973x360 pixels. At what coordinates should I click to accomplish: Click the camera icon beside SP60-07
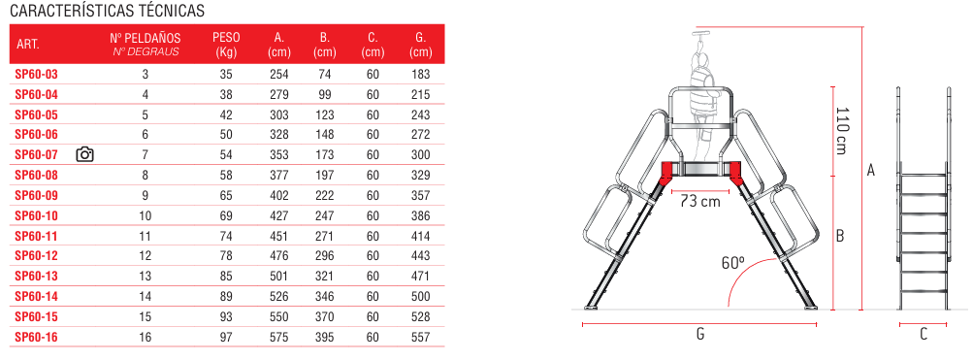point(84,154)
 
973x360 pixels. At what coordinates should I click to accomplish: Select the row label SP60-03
point(36,75)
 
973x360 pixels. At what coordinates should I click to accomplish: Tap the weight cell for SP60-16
point(226,337)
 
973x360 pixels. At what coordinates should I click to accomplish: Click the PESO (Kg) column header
point(226,44)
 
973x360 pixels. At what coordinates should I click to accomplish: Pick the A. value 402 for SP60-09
point(279,195)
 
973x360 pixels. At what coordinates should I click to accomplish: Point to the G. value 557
point(421,337)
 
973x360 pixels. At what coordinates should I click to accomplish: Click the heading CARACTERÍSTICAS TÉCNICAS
point(108,11)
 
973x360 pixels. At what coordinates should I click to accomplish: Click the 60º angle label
point(732,262)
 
